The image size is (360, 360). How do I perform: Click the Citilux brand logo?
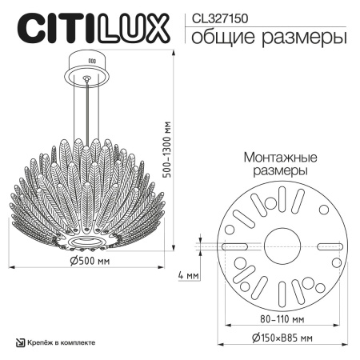point(94,26)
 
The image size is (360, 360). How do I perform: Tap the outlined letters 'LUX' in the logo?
point(141,26)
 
